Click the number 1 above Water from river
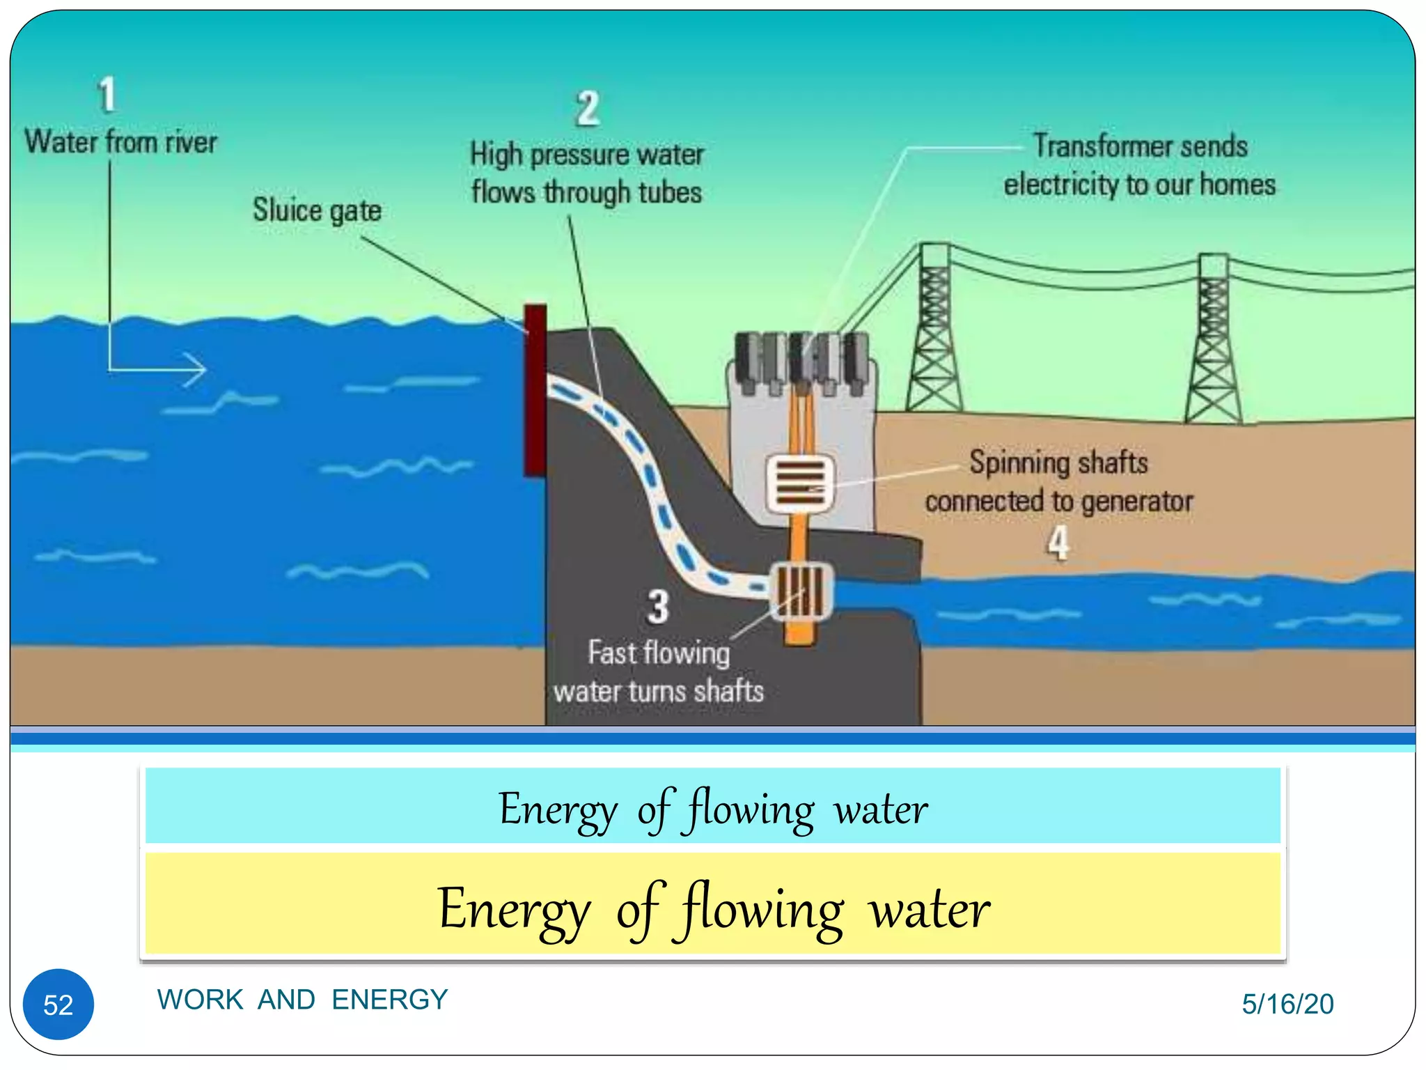[x=107, y=95]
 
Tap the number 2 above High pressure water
[x=587, y=109]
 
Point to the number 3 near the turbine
[x=658, y=607]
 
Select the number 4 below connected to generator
[x=1058, y=543]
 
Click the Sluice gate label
[x=317, y=210]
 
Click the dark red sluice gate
[x=535, y=390]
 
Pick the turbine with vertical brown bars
[x=801, y=591]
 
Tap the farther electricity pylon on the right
[x=1213, y=341]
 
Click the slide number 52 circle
[x=58, y=1004]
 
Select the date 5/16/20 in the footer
[x=1287, y=1004]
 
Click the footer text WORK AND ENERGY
[x=302, y=1000]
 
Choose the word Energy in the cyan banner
[x=558, y=810]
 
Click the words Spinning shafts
[x=1058, y=463]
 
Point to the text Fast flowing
[x=659, y=653]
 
